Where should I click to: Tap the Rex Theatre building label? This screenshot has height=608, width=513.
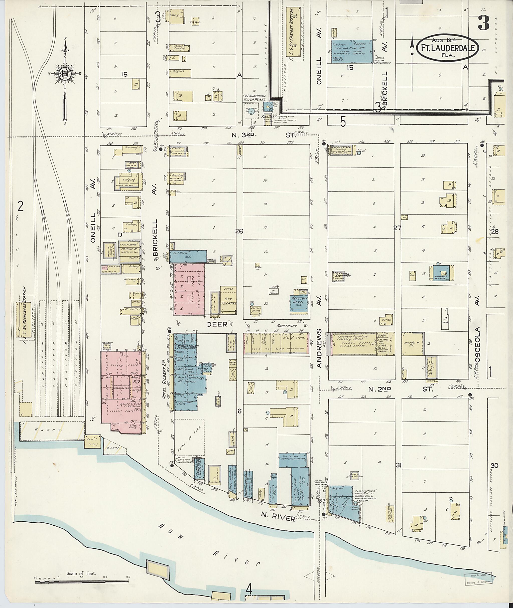[x=228, y=301]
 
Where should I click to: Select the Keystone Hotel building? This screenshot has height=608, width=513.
[x=299, y=304]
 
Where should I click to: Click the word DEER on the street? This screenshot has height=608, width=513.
[x=217, y=325]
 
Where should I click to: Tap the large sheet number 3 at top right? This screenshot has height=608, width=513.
[x=483, y=23]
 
